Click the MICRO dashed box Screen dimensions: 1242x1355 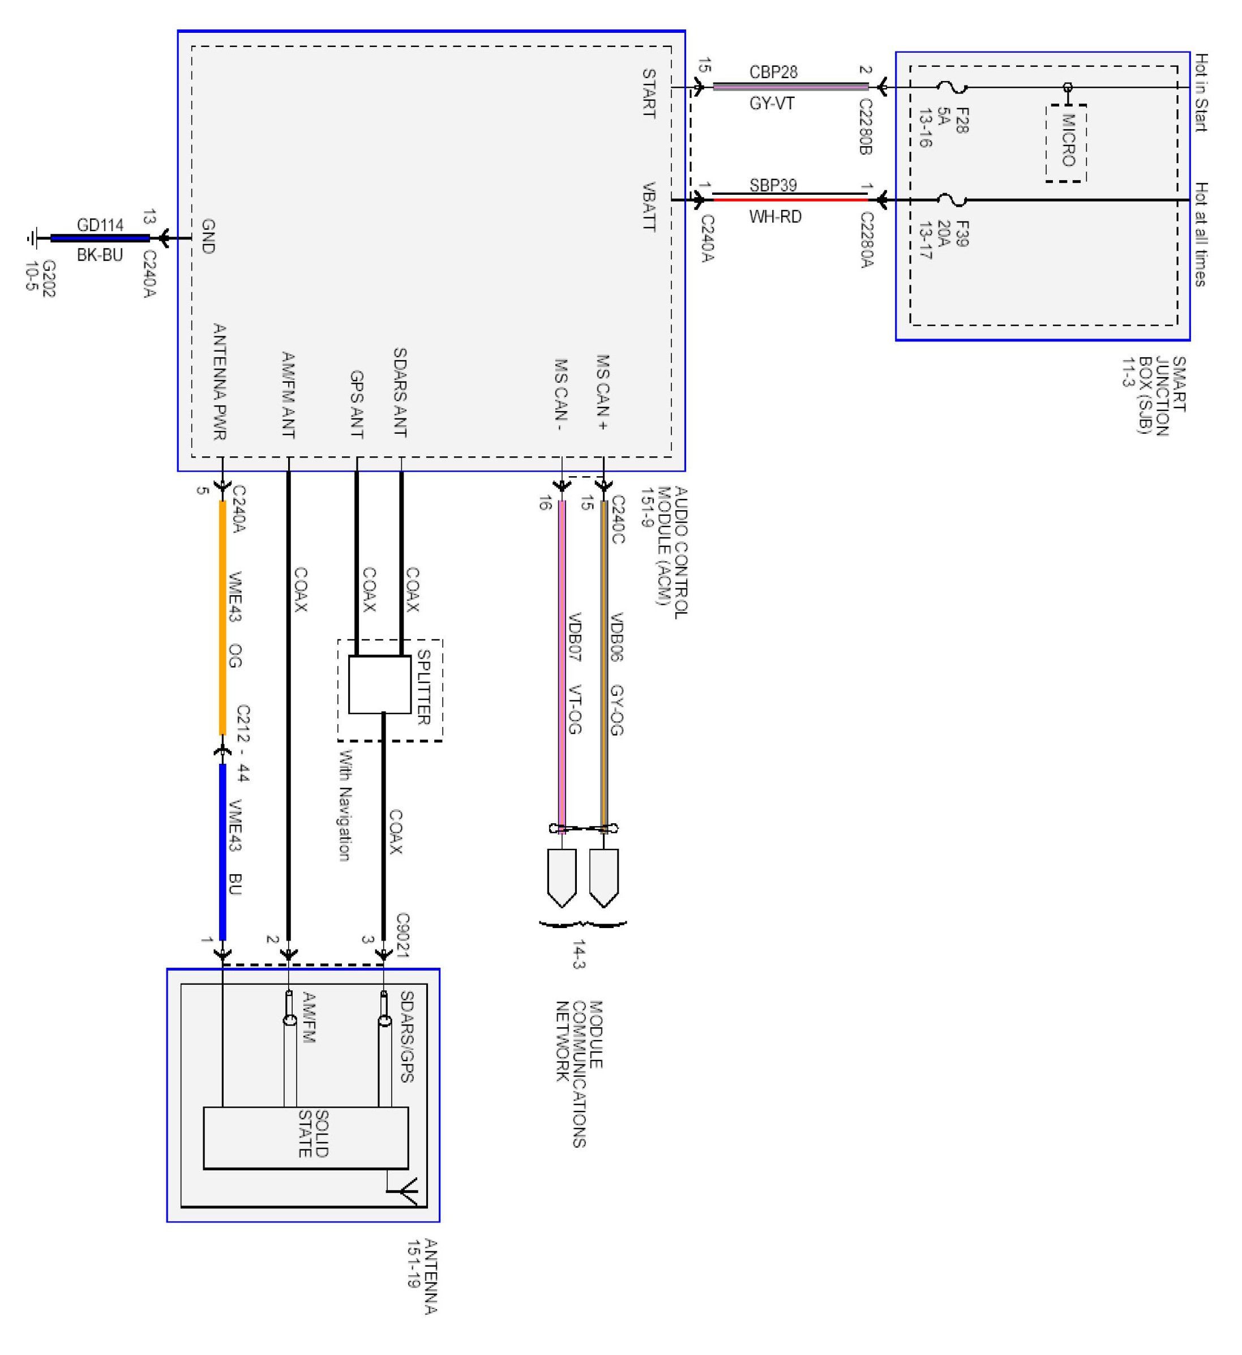coord(1066,143)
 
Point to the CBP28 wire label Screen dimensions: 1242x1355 coord(773,72)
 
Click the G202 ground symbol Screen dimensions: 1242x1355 coord(32,238)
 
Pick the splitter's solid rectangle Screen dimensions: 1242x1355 coord(379,684)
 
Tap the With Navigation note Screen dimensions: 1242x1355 coord(344,806)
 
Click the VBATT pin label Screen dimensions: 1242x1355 coord(649,206)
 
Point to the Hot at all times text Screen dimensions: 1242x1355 coord(1201,234)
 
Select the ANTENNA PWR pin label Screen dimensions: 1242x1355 coord(219,382)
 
